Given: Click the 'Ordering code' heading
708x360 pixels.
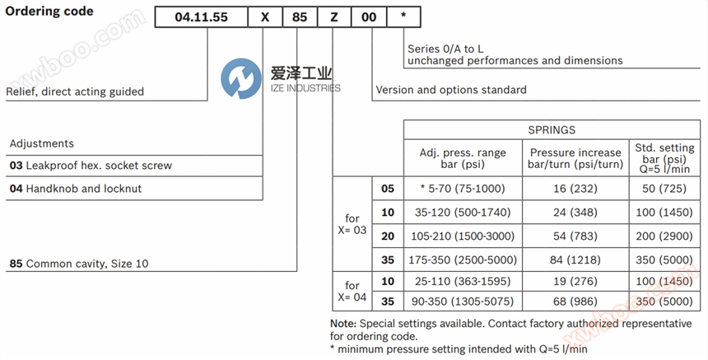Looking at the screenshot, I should point(49,12).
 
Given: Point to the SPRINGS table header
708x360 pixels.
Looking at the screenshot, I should point(551,130).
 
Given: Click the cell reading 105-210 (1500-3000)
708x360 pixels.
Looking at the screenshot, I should point(462,236).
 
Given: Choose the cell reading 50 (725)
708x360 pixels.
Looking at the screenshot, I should point(662,189).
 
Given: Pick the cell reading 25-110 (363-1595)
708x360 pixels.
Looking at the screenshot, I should point(462,282).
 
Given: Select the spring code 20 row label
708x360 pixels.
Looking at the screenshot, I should point(388,236).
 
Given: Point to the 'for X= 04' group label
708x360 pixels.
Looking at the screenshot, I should point(352,292).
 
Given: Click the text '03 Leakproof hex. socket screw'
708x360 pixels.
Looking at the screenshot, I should point(91,166).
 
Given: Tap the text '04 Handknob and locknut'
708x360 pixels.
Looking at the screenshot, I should point(76,189).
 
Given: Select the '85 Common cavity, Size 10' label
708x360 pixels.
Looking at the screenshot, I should point(79,264).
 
